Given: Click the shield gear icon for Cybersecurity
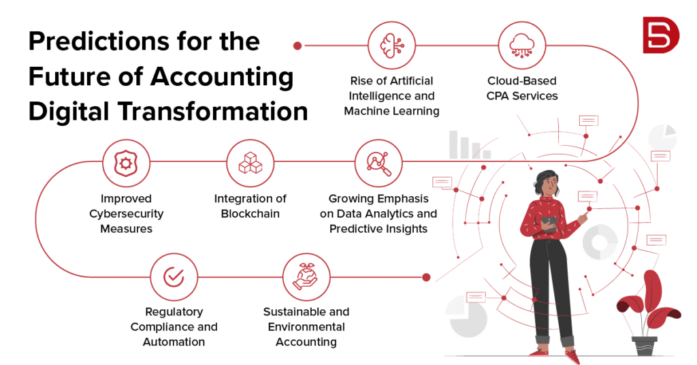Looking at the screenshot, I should (125, 163).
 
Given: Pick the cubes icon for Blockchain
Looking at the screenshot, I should (250, 163).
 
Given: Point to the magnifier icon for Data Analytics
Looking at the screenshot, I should (378, 163).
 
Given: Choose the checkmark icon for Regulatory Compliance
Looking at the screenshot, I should (174, 277).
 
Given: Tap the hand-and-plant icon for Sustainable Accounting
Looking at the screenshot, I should (306, 277).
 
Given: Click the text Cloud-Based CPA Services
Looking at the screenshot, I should (522, 89).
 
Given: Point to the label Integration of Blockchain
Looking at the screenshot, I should (250, 206).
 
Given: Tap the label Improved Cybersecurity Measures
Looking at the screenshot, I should (126, 213).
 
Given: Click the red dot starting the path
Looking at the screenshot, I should (297, 46).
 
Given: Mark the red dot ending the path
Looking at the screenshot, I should (427, 277).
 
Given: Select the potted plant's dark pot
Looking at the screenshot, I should (644, 346).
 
